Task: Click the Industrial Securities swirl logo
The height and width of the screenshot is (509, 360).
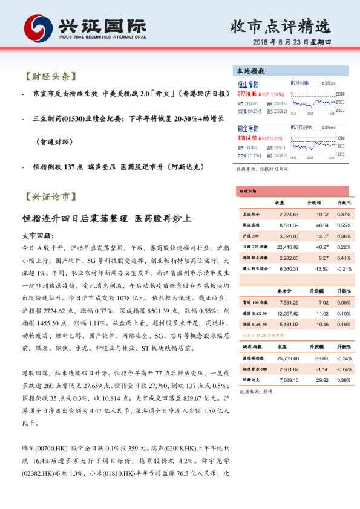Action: pyautogui.click(x=38, y=27)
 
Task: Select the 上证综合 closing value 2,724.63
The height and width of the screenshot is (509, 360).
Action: pyautogui.click(x=286, y=214)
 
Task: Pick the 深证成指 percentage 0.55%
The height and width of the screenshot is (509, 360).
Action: pyautogui.click(x=344, y=225)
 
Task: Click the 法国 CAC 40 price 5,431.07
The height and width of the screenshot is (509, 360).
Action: pyautogui.click(x=287, y=325)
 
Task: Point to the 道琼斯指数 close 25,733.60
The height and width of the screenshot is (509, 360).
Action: pyautogui.click(x=286, y=359)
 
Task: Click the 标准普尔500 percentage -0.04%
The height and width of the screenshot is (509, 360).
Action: pyautogui.click(x=343, y=370)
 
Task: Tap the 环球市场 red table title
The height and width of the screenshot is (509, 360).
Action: pyautogui.click(x=248, y=191)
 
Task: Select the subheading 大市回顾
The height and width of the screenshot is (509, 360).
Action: pyautogui.click(x=37, y=235)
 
